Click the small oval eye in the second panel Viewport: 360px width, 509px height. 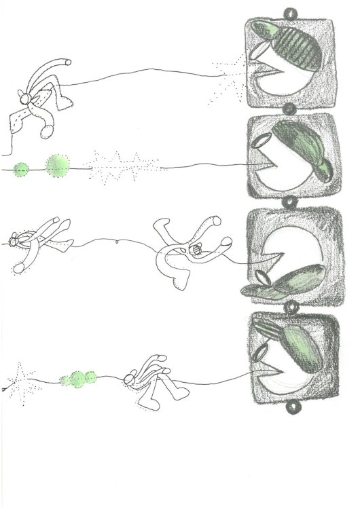(262, 142)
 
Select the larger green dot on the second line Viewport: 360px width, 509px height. (58, 164)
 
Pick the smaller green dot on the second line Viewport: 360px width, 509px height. (22, 168)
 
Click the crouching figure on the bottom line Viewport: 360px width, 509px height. (151, 383)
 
